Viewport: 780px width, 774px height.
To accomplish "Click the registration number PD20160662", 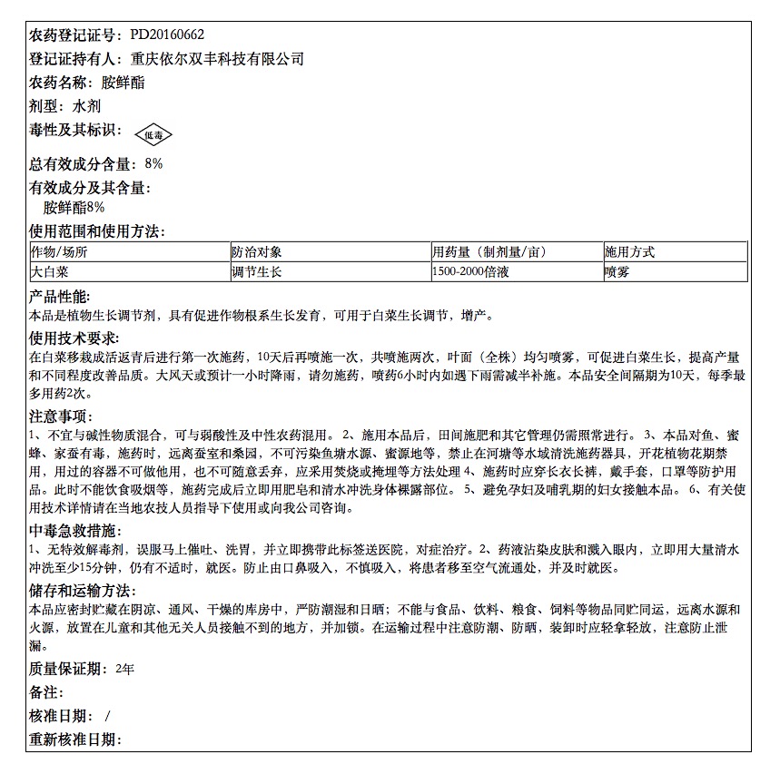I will (x=167, y=35).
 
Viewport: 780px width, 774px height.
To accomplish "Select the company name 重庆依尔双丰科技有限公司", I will (x=217, y=59).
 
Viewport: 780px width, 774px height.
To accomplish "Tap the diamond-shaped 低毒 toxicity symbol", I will (x=153, y=135).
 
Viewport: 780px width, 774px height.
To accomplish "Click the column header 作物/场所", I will (x=59, y=252).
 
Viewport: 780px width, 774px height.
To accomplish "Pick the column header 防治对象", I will (x=256, y=252).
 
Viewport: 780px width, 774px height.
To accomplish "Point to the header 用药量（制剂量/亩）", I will (x=489, y=252).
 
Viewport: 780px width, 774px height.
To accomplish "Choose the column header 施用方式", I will (x=629, y=252).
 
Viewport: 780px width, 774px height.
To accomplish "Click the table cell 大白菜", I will (x=49, y=271).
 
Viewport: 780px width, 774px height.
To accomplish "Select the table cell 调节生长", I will (x=256, y=271).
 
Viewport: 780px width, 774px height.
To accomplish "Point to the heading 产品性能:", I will (x=60, y=298).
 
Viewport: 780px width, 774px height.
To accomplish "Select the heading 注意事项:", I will (x=60, y=416).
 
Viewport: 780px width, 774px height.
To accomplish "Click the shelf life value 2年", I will (x=125, y=669).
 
